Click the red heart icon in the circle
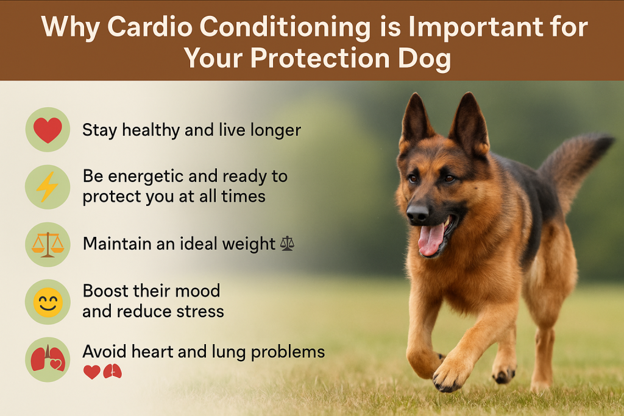point(48,130)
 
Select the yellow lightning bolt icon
point(48,186)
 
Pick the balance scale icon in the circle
point(48,244)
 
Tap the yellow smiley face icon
point(48,302)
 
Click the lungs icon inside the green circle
point(48,359)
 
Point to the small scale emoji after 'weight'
point(287,244)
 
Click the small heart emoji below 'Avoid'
point(91,372)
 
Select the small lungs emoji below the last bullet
point(112,372)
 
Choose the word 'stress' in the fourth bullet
point(200,312)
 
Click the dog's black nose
point(417,213)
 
